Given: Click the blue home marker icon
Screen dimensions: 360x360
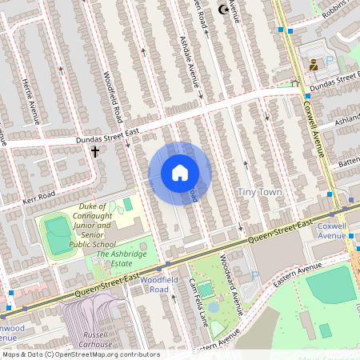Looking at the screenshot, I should pyautogui.click(x=180, y=173).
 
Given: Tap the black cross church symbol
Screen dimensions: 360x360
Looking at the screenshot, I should pyautogui.click(x=95, y=151).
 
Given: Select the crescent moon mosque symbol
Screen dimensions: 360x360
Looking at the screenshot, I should pyautogui.click(x=222, y=10).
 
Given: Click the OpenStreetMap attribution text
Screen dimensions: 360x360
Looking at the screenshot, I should pyautogui.click(x=80, y=354).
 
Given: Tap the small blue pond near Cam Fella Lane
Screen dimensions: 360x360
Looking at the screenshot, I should pyautogui.click(x=214, y=307).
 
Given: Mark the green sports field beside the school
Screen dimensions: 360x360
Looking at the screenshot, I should pyautogui.click(x=58, y=234).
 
